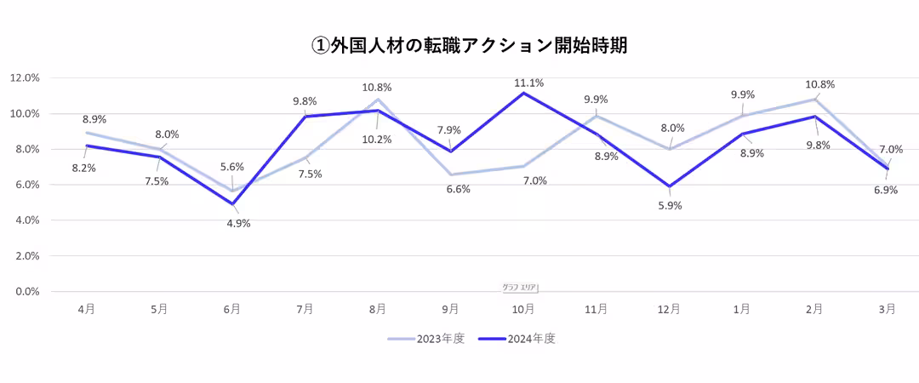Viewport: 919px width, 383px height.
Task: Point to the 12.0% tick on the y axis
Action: [x=25, y=77]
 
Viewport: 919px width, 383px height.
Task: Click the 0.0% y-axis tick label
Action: [x=27, y=291]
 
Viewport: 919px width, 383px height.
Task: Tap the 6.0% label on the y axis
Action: [x=27, y=185]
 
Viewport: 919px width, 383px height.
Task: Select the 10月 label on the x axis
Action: [x=523, y=310]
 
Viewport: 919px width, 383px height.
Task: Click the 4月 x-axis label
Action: [x=86, y=310]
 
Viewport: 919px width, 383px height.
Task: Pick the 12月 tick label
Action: [x=670, y=310]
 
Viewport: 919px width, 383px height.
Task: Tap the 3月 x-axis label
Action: [x=888, y=310]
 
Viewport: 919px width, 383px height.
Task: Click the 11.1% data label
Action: [x=528, y=83]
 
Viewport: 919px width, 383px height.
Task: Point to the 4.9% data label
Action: [x=239, y=224]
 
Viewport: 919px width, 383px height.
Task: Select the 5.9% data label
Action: [x=671, y=205]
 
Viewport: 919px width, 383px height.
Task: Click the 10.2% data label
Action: [x=376, y=140]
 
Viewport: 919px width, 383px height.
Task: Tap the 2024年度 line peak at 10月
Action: [x=523, y=93]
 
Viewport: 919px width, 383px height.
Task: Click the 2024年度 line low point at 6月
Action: [x=232, y=204]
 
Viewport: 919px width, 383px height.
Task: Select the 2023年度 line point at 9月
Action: [x=451, y=174]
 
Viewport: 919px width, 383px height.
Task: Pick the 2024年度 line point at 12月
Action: [x=670, y=186]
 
